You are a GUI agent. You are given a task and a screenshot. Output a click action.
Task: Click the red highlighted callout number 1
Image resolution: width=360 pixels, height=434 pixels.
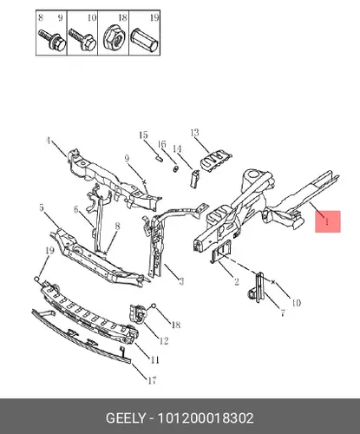coord(327,221)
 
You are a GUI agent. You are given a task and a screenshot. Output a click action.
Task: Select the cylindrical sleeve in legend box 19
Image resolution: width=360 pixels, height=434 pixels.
coord(145,40)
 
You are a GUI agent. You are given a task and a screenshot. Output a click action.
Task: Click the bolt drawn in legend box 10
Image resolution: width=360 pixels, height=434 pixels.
coord(82,40)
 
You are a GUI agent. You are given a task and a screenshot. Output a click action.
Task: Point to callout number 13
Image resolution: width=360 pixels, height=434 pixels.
coord(195,133)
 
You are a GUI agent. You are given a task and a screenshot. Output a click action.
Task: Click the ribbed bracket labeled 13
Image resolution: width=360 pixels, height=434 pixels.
coord(215,161)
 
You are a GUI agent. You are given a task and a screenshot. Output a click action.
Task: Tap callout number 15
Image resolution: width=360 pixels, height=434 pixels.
coord(143,135)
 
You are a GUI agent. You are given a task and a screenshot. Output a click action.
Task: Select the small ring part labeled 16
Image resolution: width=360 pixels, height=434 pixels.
coord(175,169)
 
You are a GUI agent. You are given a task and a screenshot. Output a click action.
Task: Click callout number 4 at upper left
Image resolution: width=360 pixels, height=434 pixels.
coord(48,141)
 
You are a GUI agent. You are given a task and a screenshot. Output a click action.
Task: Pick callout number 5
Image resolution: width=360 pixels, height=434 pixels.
coord(42,207)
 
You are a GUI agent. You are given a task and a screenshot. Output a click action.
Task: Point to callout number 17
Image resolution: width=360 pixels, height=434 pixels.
coord(152,380)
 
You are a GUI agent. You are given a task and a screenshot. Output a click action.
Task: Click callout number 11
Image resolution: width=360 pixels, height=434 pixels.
coord(154,360)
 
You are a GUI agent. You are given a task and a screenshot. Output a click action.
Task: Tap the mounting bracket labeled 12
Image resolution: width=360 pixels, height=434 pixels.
coord(137,314)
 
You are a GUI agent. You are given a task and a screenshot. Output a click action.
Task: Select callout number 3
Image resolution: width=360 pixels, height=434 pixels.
coord(181,281)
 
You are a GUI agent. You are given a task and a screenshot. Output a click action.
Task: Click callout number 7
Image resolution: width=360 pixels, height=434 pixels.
coord(283,312)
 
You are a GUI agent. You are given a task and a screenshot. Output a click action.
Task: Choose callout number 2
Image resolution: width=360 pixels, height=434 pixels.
coord(237,281)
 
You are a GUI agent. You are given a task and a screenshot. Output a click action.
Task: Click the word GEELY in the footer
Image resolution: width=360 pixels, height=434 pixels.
coord(125,418)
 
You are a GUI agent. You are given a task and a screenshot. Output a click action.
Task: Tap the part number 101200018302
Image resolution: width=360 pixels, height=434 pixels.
coord(206,418)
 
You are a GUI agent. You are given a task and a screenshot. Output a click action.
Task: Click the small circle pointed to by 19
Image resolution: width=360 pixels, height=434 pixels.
coord(36,279)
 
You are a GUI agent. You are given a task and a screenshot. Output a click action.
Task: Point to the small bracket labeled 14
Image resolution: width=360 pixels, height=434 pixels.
coord(194,178)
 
